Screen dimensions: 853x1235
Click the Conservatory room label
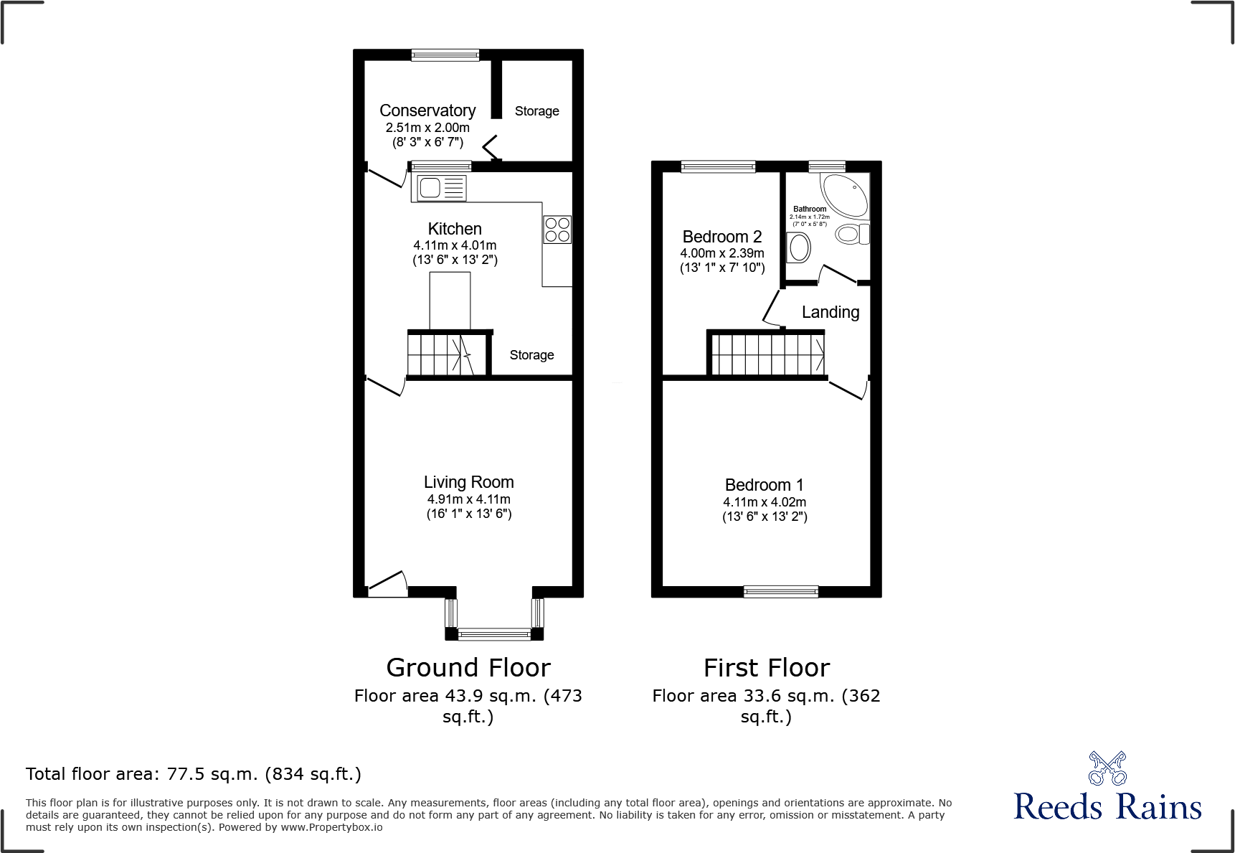click(x=427, y=110)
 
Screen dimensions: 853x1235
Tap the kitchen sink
click(x=439, y=189)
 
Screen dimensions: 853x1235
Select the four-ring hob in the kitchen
click(x=557, y=230)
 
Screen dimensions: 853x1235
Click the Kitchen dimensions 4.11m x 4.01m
click(x=455, y=245)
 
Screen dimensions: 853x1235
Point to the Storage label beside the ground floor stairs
click(x=531, y=355)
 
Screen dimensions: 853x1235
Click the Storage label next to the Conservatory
click(x=536, y=111)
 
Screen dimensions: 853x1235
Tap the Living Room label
click(x=468, y=482)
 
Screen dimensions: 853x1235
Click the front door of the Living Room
click(x=387, y=585)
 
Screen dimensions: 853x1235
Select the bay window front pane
click(x=494, y=633)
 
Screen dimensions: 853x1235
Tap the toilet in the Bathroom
click(x=851, y=234)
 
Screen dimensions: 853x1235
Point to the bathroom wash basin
click(x=798, y=248)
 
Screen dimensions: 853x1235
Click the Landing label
click(x=830, y=312)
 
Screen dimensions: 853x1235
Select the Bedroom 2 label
click(x=721, y=237)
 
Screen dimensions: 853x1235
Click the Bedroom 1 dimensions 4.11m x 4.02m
click(x=765, y=502)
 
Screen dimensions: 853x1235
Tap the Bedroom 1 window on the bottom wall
click(x=780, y=592)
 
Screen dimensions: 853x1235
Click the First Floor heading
click(x=766, y=668)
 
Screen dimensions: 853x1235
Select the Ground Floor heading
click(x=468, y=668)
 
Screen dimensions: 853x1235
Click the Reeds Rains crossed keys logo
click(x=1107, y=768)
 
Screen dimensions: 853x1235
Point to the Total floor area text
click(x=194, y=774)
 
